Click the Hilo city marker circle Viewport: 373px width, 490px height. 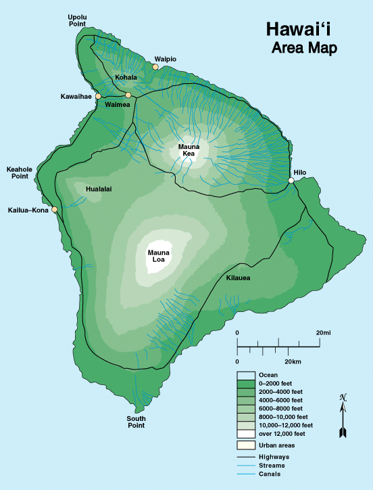[291, 181]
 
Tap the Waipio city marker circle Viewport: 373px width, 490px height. [155, 67]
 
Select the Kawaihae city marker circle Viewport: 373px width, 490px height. [98, 96]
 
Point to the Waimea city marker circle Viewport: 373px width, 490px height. [128, 95]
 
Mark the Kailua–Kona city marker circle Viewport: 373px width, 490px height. [55, 209]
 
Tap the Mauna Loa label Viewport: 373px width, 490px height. [159, 257]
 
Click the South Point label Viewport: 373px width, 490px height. [136, 422]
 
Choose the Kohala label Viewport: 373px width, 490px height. [126, 77]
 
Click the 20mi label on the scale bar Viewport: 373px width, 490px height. [323, 333]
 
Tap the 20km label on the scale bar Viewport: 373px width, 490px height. [293, 362]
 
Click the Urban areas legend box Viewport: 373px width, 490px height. [245, 445]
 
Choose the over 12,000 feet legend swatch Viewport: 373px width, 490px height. [245, 433]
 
